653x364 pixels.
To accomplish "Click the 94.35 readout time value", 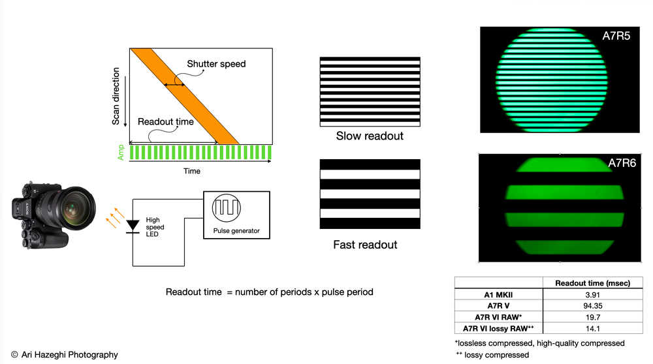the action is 593,306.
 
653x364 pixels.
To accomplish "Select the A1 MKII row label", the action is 498,295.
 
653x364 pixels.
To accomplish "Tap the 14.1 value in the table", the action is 593,329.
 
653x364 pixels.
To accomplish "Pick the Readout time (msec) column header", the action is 593,283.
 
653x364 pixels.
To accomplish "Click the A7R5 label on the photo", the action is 616,36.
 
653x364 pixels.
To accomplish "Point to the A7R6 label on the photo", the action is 622,163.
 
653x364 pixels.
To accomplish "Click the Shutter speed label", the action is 216,64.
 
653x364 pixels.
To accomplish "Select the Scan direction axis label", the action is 116,96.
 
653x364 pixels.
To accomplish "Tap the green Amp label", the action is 121,152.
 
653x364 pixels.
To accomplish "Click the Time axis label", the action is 192,171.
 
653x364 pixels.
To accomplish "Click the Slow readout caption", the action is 370,136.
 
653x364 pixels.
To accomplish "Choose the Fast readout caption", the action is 365,245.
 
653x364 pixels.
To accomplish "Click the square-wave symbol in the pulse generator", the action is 227,207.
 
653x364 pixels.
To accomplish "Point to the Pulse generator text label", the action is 236,231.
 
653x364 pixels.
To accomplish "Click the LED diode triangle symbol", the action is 133,225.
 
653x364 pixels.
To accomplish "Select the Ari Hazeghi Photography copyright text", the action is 65,355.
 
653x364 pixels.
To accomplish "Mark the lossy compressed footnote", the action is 492,355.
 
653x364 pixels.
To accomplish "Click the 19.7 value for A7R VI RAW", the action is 593,318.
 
